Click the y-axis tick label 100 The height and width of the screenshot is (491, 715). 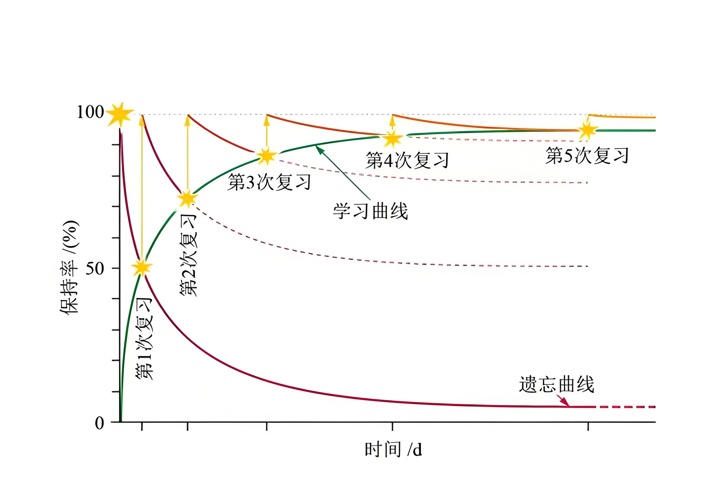pos(90,112)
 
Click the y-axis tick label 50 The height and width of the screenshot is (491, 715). pos(94,269)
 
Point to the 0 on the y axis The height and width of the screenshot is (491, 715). pos(99,423)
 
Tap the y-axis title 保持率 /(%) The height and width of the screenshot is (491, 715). pos(70,267)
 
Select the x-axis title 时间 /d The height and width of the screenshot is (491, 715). pos(393,449)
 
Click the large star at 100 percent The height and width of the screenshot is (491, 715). pos(120,114)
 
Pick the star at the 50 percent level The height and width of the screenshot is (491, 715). pos(142,267)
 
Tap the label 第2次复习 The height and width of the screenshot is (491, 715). pos(188,255)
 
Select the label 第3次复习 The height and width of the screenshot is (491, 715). pos(269,182)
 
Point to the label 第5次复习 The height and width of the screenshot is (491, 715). pos(587,155)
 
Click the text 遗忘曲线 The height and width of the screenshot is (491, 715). pos(556,384)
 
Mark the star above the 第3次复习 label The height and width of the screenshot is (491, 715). pos(267,156)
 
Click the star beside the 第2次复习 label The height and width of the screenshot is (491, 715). pos(187,198)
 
